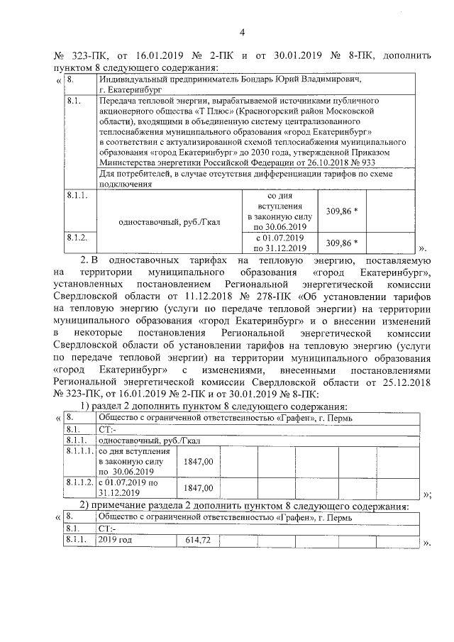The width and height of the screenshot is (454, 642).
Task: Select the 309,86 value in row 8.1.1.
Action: [340, 211]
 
